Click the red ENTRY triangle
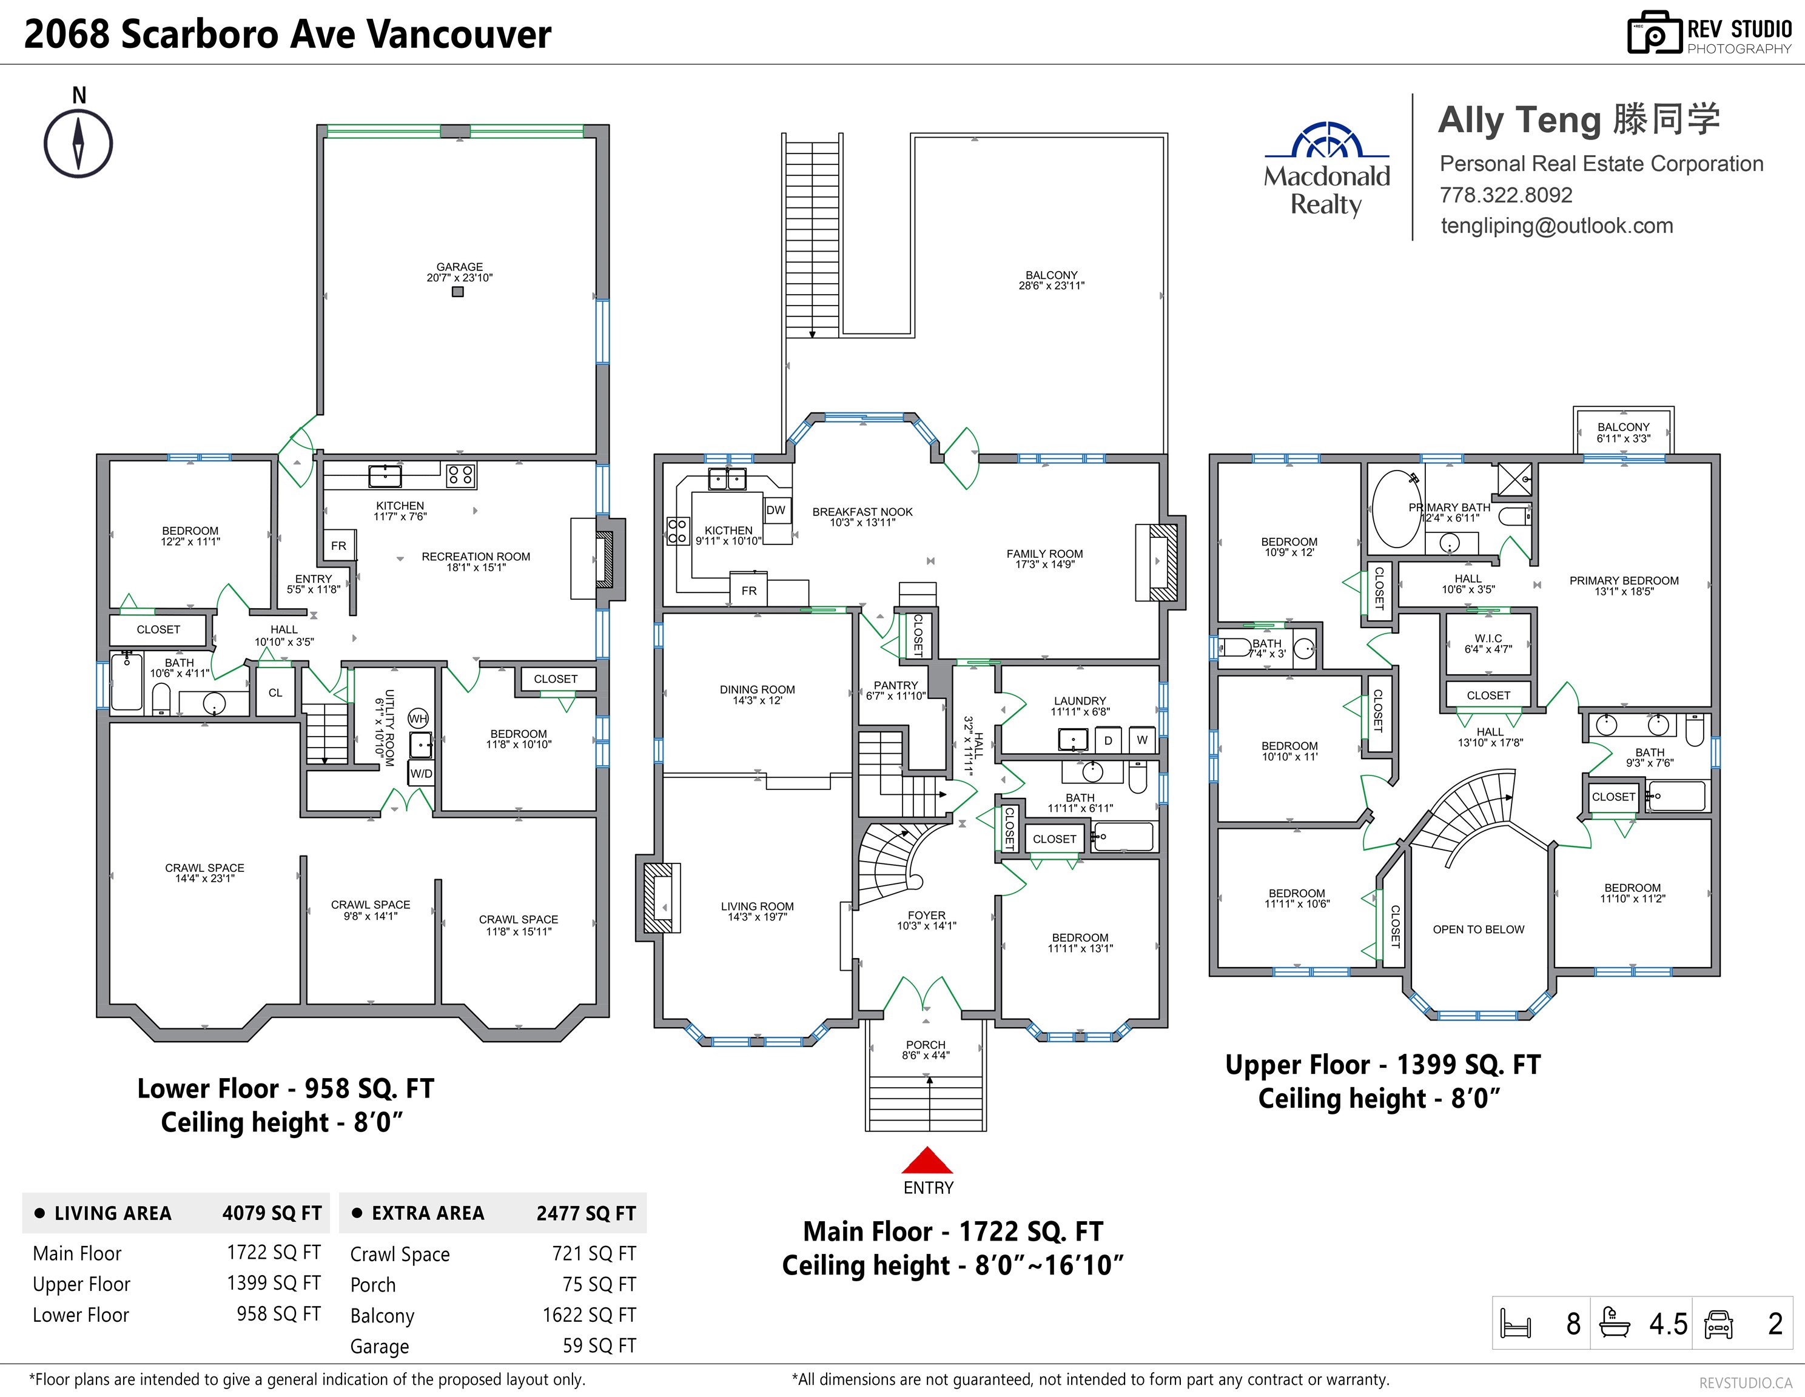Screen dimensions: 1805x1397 pyautogui.click(x=927, y=1160)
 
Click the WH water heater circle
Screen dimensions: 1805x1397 pyautogui.click(x=418, y=718)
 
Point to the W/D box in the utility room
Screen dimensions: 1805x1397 pyautogui.click(x=422, y=773)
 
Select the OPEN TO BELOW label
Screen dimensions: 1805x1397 pyautogui.click(x=1479, y=930)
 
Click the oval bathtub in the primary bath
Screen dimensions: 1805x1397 pyautogui.click(x=1397, y=509)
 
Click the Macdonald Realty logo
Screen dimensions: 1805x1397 pyautogui.click(x=1326, y=169)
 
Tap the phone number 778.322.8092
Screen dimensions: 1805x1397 pyautogui.click(x=1506, y=195)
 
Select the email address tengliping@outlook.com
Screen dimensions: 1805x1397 pyautogui.click(x=1557, y=226)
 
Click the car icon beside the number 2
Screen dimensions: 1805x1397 pyautogui.click(x=1718, y=1324)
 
